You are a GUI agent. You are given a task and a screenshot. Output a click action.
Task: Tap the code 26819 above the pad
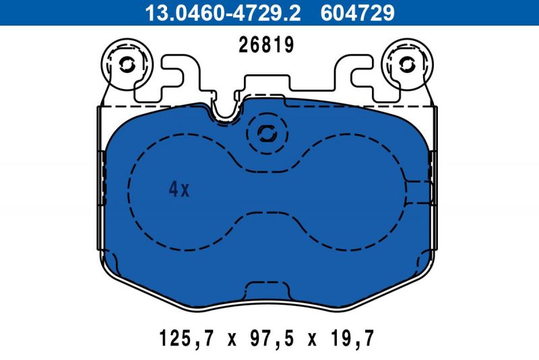click(x=267, y=46)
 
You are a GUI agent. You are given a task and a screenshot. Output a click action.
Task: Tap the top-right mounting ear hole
click(x=408, y=64)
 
